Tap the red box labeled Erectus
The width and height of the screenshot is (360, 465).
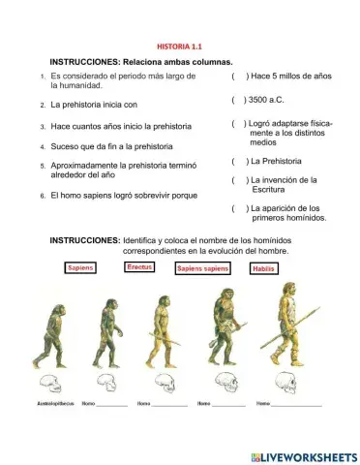tap(140, 266)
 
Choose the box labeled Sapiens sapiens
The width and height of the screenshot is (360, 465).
tap(201, 268)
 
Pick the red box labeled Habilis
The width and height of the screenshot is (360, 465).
tap(263, 268)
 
